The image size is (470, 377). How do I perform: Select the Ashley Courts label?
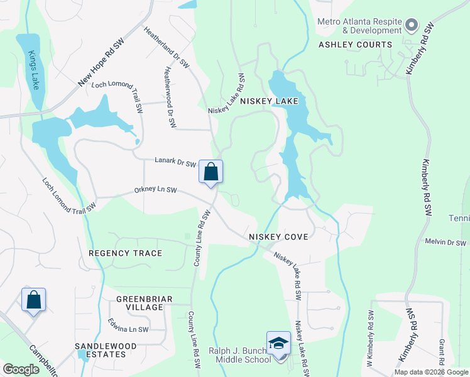(355, 45)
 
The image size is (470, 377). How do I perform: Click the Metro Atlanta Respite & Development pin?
(412, 25)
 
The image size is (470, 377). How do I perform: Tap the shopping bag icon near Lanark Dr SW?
(210, 171)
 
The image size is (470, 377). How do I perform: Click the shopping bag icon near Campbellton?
(33, 299)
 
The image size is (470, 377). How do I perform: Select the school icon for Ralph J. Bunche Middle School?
(278, 343)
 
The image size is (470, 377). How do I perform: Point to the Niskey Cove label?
(278, 237)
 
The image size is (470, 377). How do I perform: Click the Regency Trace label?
(125, 253)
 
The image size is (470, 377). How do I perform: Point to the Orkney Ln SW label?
(155, 190)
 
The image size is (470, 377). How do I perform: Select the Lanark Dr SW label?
(175, 162)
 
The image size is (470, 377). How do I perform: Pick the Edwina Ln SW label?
(128, 329)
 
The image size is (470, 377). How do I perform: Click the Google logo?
(21, 369)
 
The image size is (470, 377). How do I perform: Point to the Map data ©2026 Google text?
(431, 372)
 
